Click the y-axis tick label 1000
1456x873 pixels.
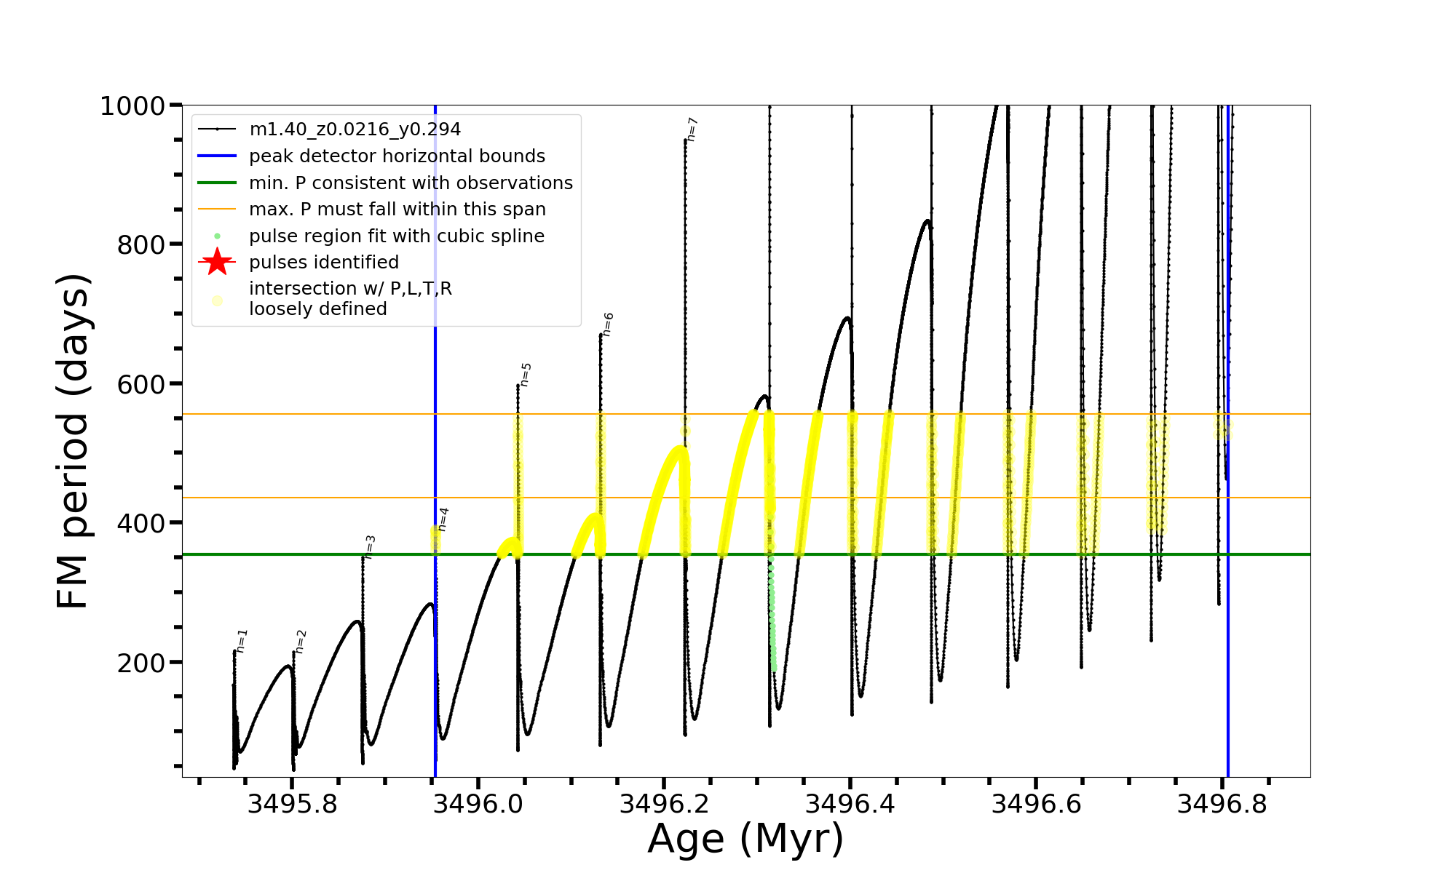tap(132, 106)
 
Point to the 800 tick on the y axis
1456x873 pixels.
tap(141, 245)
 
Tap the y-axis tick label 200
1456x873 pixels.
tap(141, 663)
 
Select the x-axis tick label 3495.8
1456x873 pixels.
tap(292, 804)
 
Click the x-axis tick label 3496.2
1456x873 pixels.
tap(664, 804)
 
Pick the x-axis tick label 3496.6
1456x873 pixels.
tap(1036, 804)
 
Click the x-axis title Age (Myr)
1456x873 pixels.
tap(745, 839)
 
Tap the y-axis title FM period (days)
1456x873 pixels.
tap(73, 441)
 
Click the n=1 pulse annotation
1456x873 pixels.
tap(242, 641)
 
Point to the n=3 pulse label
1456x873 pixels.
tap(370, 547)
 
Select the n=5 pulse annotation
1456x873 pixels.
tap(526, 375)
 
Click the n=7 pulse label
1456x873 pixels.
tap(692, 129)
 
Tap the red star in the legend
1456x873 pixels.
tap(217, 262)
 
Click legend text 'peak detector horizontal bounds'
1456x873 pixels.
tap(397, 156)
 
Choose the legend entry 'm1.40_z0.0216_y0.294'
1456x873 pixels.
tap(355, 129)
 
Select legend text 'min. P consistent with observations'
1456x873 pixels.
tap(411, 183)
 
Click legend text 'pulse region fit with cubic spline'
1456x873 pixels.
tap(397, 236)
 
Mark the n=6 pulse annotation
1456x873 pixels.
tap(608, 324)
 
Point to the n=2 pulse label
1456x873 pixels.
tap(301, 642)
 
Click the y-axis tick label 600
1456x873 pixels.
tap(141, 384)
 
